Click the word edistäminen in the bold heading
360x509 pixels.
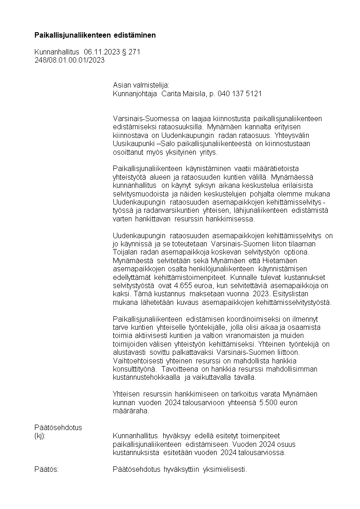click(135, 35)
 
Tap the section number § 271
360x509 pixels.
click(131, 52)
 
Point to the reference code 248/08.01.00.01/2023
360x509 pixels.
click(69, 60)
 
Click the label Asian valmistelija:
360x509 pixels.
click(141, 85)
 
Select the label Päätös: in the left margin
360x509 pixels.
click(47, 470)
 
